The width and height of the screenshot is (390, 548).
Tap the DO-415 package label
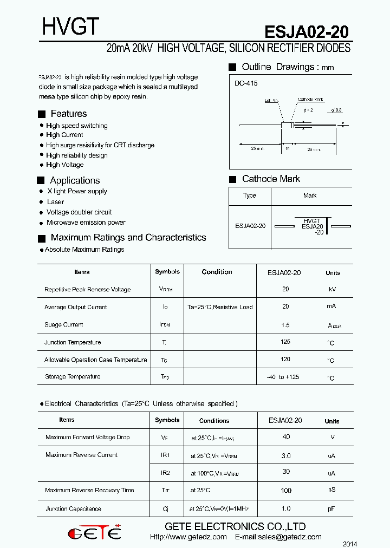pos(246,83)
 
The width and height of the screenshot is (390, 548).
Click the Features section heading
pos(68,114)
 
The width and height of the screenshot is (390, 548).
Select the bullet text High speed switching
pos(76,126)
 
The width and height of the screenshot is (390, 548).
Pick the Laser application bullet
pos(55,202)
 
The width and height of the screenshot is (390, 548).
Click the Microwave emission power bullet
pos(86,223)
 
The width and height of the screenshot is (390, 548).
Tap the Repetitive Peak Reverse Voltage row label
pos(87,290)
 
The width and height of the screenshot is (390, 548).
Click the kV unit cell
pos(333,290)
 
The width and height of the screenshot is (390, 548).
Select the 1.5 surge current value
pos(285,325)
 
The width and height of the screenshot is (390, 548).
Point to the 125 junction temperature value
pos(285,342)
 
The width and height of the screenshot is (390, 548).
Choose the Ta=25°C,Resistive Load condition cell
pos(220,307)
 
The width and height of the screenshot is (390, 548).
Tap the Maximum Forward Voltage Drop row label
pos(87,437)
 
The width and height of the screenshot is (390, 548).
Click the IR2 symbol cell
pos(165,473)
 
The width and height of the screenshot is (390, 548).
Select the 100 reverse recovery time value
pos(286,491)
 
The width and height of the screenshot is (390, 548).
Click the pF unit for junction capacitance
pos(331,509)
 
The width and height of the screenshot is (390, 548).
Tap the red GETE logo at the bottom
pos(94,532)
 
